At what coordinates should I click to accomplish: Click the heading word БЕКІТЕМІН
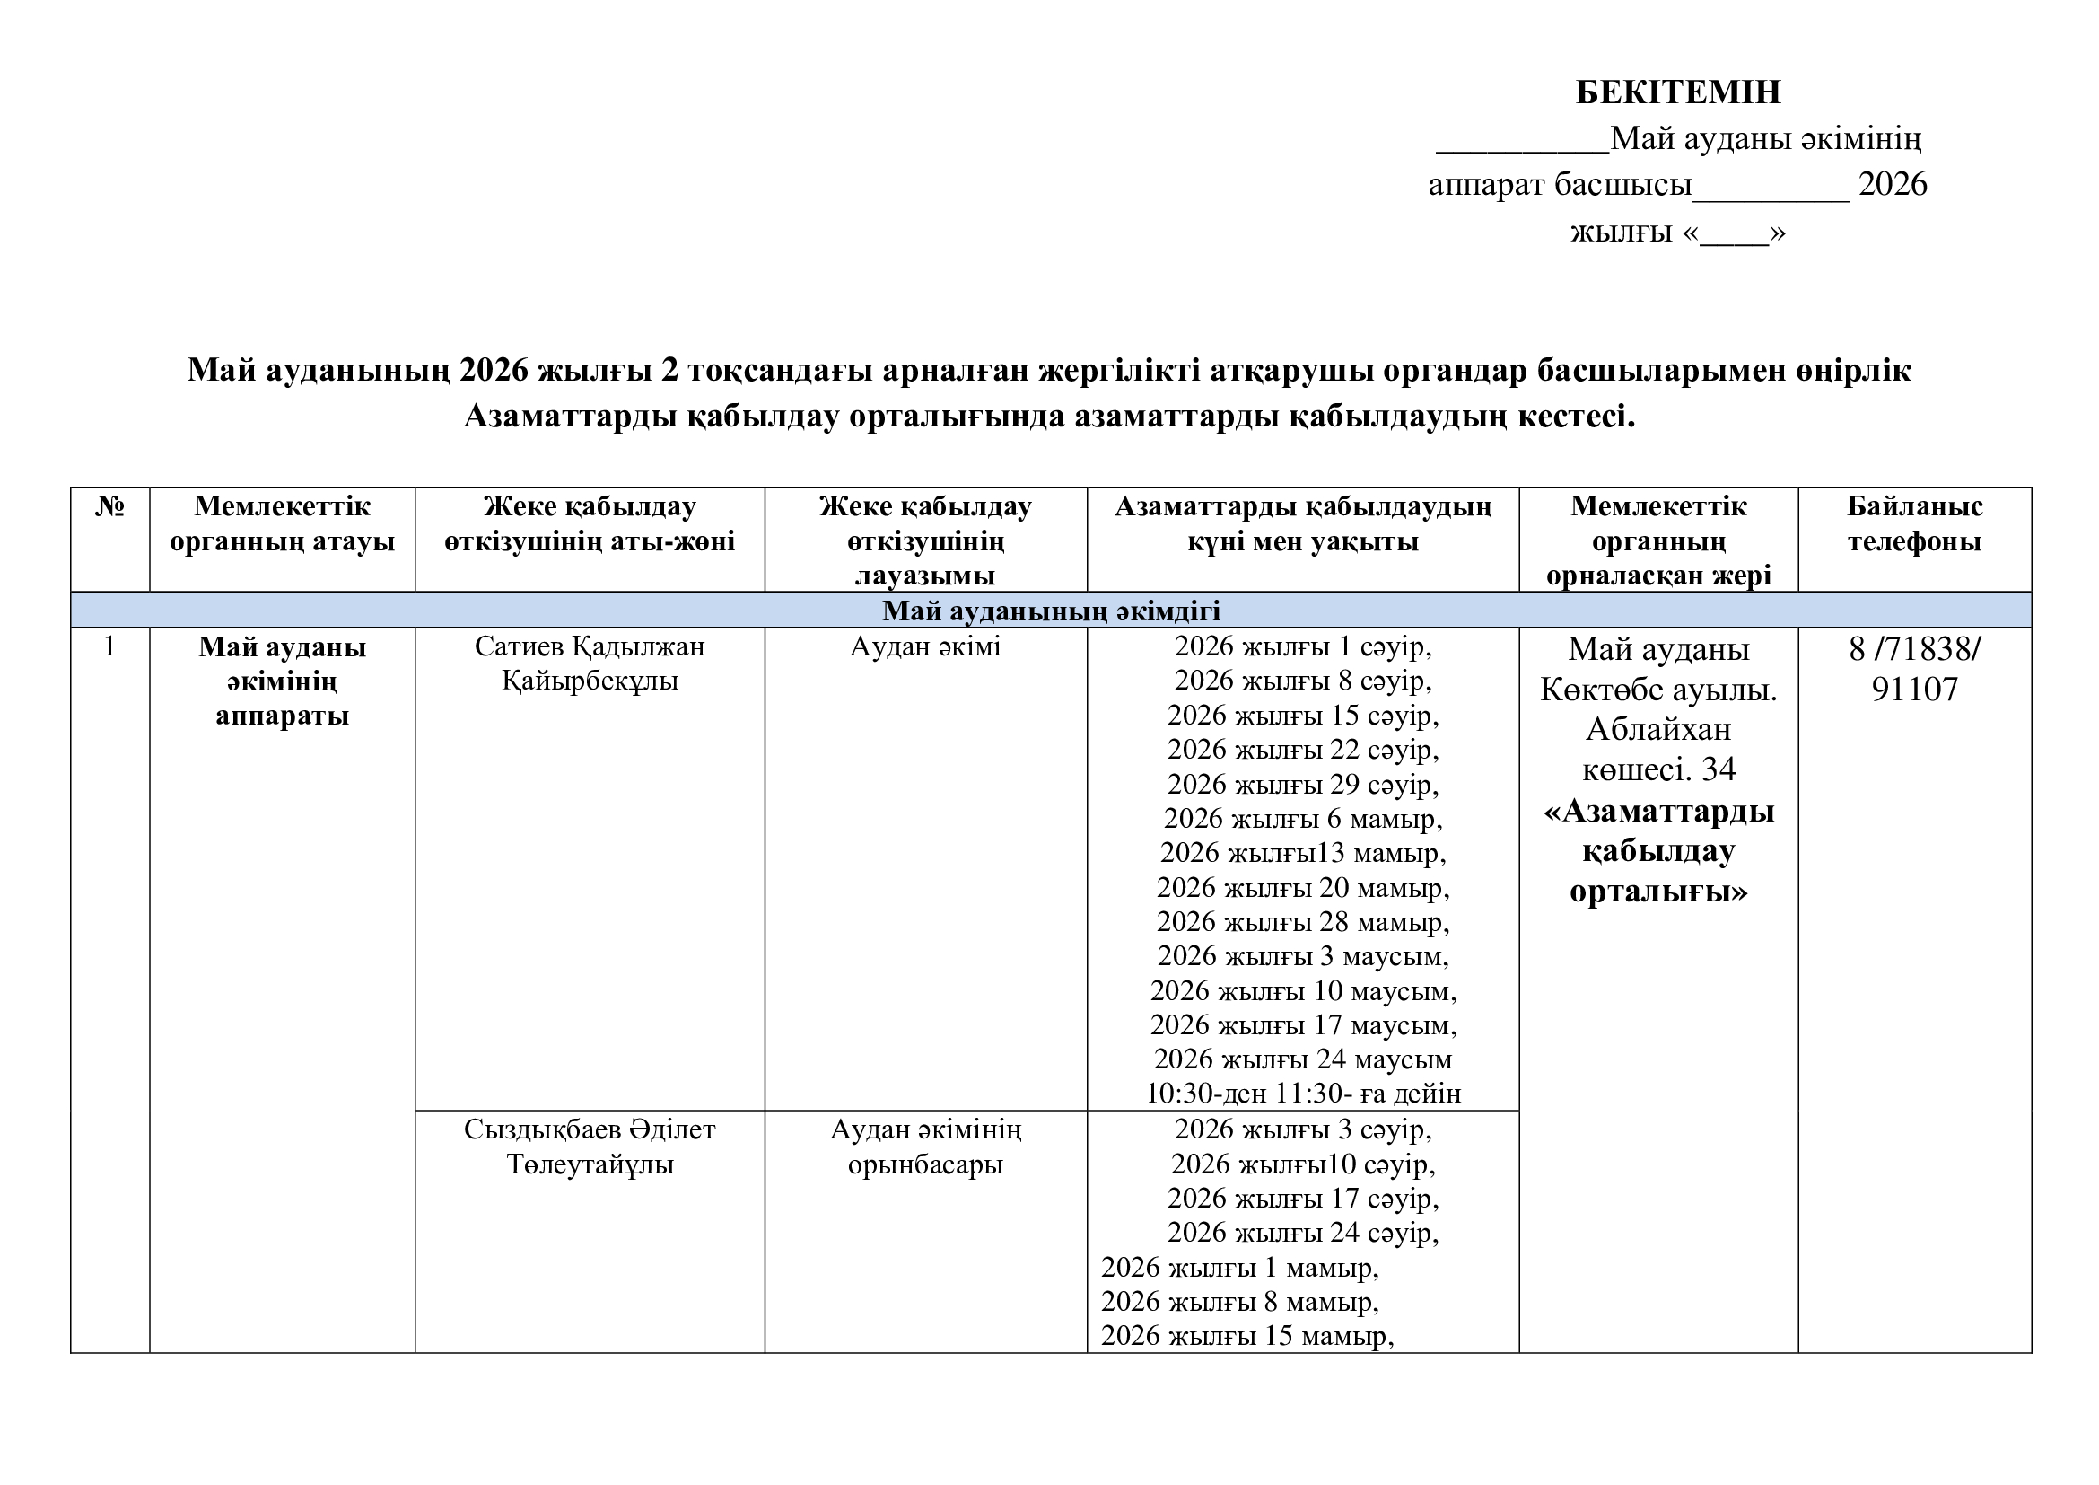[x=1678, y=92]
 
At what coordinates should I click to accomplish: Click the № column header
[x=109, y=506]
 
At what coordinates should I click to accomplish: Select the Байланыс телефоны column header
[x=1914, y=524]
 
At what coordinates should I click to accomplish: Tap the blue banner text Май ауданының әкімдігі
[x=1051, y=610]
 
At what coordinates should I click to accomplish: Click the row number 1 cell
[x=109, y=646]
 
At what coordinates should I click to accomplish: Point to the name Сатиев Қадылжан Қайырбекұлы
[x=590, y=663]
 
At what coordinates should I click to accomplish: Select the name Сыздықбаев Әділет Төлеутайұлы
[x=590, y=1147]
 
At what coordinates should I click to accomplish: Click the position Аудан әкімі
[x=925, y=646]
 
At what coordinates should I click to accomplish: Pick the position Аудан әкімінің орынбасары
[x=925, y=1147]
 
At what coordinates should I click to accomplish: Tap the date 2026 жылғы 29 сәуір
[x=1303, y=785]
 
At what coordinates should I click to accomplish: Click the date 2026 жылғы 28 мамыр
[x=1303, y=922]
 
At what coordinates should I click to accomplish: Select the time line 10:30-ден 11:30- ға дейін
[x=1303, y=1094]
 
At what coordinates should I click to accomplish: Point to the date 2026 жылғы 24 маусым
[x=1303, y=1059]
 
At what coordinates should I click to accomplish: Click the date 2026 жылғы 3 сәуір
[x=1303, y=1129]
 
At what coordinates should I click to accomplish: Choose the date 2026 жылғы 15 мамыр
[x=1247, y=1336]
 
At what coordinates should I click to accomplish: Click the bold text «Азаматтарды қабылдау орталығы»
[x=1658, y=851]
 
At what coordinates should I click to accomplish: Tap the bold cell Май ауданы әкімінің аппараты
[x=282, y=681]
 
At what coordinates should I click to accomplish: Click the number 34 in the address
[x=1719, y=770]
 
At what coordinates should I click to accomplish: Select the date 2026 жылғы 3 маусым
[x=1303, y=956]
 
